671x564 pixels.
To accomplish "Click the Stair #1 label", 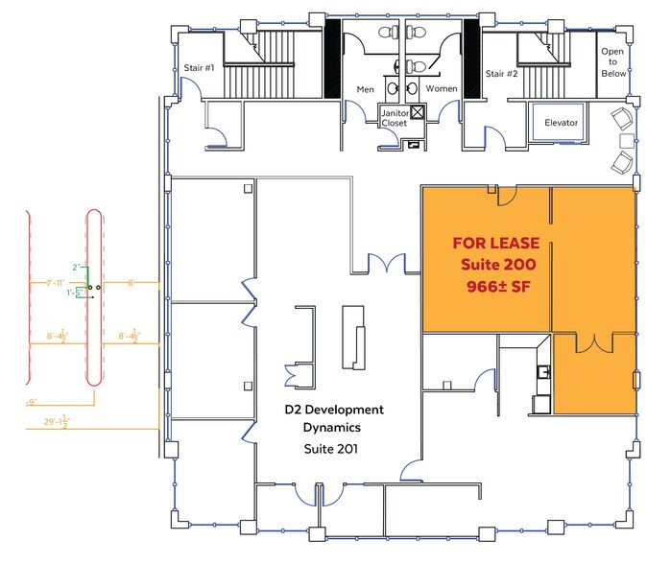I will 199,68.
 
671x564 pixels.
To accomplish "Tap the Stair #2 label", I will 501,73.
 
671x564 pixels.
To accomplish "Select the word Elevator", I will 561,123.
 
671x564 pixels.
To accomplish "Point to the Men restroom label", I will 366,90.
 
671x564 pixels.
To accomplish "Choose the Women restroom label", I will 442,90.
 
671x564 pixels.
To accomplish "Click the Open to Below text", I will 613,62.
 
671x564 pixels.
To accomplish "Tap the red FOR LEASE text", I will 495,244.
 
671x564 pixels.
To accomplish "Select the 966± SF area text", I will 499,285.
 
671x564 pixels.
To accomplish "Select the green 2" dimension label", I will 75,268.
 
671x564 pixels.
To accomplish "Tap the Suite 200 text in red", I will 499,264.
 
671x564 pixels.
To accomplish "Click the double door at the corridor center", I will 389,264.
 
